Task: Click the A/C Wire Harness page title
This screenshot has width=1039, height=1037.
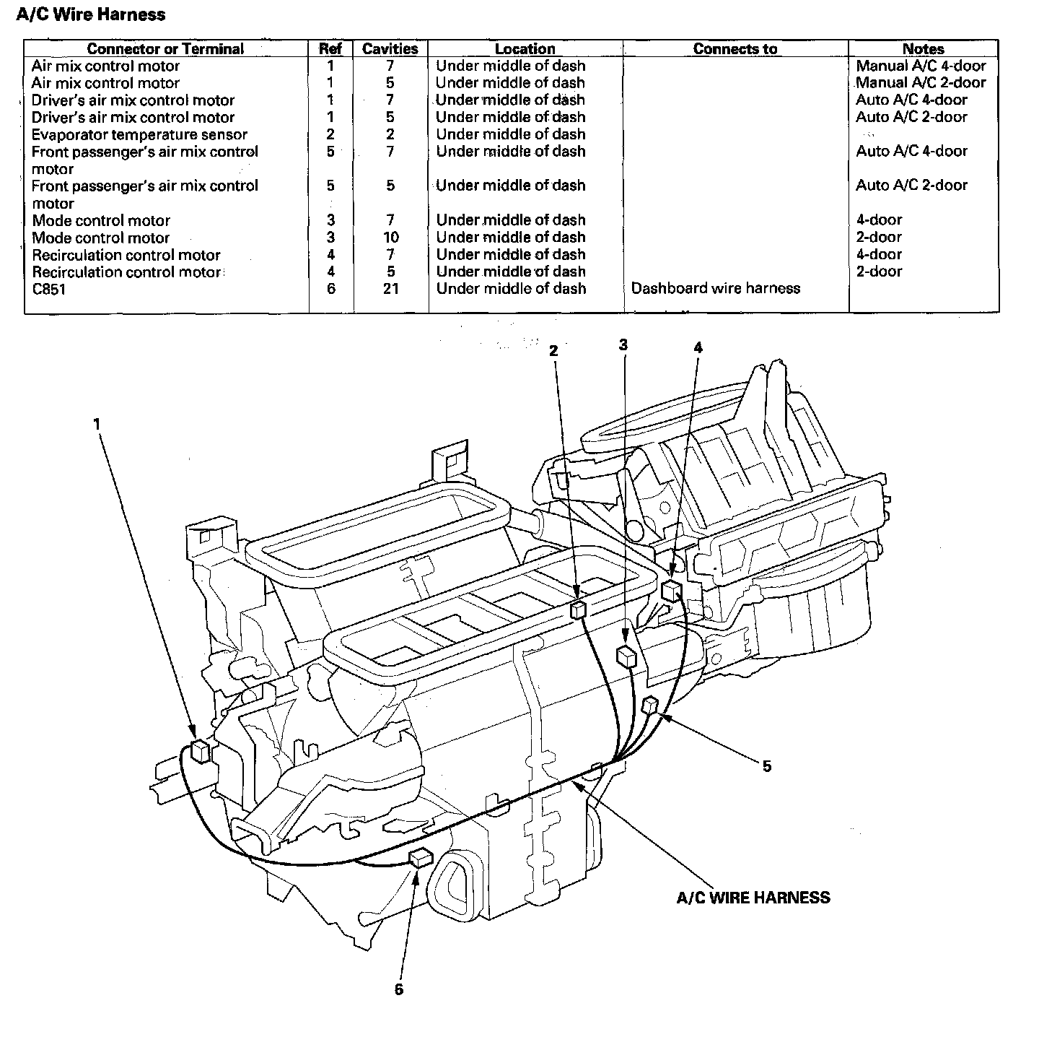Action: click(90, 14)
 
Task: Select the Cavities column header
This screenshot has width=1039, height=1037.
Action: click(390, 49)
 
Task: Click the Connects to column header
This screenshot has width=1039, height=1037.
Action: click(735, 49)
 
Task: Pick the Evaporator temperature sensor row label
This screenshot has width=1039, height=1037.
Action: click(139, 135)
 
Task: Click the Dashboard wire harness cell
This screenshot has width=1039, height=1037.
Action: click(715, 289)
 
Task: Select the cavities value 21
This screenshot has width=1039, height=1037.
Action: click(390, 289)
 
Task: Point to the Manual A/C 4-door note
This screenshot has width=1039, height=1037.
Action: click(921, 66)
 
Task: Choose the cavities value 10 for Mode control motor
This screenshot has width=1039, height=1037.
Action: click(390, 238)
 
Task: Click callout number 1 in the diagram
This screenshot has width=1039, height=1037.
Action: click(97, 425)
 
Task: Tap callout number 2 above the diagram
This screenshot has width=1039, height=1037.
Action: click(553, 351)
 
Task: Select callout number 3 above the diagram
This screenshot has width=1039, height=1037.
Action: click(623, 345)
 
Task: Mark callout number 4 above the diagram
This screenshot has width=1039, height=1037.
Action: click(698, 348)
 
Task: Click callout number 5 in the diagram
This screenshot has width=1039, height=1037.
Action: click(767, 766)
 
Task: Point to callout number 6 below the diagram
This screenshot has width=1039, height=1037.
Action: click(399, 989)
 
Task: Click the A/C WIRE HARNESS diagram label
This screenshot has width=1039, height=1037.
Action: click(753, 898)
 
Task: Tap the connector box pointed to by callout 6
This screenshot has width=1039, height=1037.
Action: click(420, 858)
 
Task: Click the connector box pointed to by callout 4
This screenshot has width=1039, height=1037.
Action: click(671, 590)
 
